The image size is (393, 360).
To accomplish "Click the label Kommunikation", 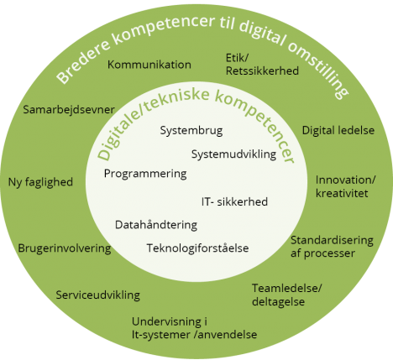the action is coord(149,65).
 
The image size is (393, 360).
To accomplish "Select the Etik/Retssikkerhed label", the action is coord(262,65).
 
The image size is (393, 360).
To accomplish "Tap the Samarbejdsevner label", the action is coord(69,110).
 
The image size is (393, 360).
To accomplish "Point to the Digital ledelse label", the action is coord(338,130).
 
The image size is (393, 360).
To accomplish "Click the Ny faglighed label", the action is coord(40,182).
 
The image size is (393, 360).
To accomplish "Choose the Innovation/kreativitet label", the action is coord(345,186).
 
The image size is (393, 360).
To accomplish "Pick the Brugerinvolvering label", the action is coord(65,248).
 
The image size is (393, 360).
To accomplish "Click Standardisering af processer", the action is coord(332,247).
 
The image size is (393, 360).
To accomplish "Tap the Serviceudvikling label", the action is coord(98,295).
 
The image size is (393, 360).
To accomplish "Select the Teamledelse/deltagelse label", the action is coord(287,295).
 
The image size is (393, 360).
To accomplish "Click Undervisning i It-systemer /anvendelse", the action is coord(194,328).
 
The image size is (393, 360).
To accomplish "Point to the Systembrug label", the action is coord(191,131).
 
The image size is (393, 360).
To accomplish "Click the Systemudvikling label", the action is coord(233,154).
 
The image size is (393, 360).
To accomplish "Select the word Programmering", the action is coord(145,174).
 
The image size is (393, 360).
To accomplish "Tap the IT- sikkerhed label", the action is coord(234,201).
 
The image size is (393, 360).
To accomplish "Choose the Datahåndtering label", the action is coord(156,225).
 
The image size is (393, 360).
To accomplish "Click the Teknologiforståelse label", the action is coord(197,248).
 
